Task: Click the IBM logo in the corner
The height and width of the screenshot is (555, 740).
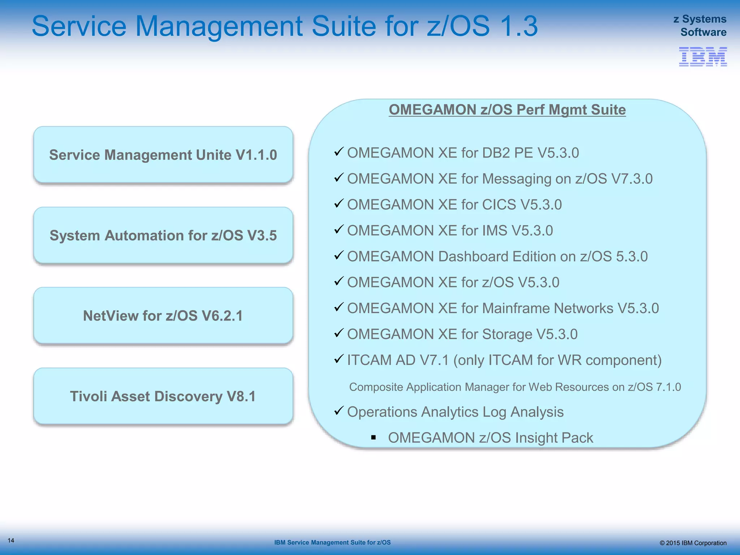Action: click(x=702, y=56)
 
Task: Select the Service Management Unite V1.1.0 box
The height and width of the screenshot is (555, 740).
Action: click(x=163, y=155)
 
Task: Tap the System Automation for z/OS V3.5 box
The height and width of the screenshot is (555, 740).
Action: click(x=163, y=235)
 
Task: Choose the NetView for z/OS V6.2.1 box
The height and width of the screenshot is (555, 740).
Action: click(x=163, y=315)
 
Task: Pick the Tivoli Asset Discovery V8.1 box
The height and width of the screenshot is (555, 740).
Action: click(x=163, y=396)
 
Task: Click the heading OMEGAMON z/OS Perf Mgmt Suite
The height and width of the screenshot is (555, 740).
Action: click(x=507, y=109)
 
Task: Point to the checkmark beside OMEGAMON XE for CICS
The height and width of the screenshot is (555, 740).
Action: click(x=338, y=203)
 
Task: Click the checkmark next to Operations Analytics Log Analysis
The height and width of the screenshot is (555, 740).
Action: click(x=338, y=410)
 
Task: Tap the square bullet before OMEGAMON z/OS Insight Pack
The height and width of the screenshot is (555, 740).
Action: click(x=374, y=438)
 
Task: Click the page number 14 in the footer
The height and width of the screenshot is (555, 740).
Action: click(x=11, y=541)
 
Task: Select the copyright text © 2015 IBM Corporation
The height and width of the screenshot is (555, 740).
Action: click(x=693, y=543)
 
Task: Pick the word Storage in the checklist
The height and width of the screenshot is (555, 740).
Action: click(x=507, y=334)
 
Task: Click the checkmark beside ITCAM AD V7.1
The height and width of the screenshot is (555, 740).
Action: click(x=338, y=359)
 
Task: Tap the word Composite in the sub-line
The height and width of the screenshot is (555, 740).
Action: click(x=376, y=387)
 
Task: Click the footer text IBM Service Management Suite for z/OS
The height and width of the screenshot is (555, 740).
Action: click(x=332, y=542)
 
